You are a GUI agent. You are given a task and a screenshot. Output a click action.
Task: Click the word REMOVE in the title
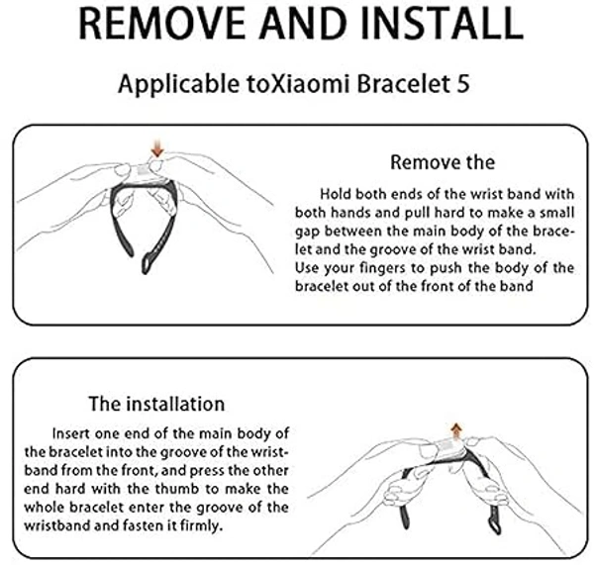[161, 24]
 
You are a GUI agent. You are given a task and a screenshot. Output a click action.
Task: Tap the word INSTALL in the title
[443, 24]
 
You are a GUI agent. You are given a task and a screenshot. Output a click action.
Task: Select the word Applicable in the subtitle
[179, 85]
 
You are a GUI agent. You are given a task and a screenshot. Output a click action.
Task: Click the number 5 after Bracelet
[463, 84]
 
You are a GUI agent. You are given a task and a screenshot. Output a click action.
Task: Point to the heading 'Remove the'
[443, 163]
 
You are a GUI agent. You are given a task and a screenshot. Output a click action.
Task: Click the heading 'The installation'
[156, 404]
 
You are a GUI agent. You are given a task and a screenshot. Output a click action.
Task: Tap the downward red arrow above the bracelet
[157, 148]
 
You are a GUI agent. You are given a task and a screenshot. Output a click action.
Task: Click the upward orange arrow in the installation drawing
[456, 432]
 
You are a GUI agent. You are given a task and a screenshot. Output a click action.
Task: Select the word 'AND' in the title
[303, 24]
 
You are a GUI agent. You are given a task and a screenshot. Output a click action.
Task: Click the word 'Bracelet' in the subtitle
[404, 84]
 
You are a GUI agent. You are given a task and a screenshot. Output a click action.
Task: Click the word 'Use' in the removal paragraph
[308, 268]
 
